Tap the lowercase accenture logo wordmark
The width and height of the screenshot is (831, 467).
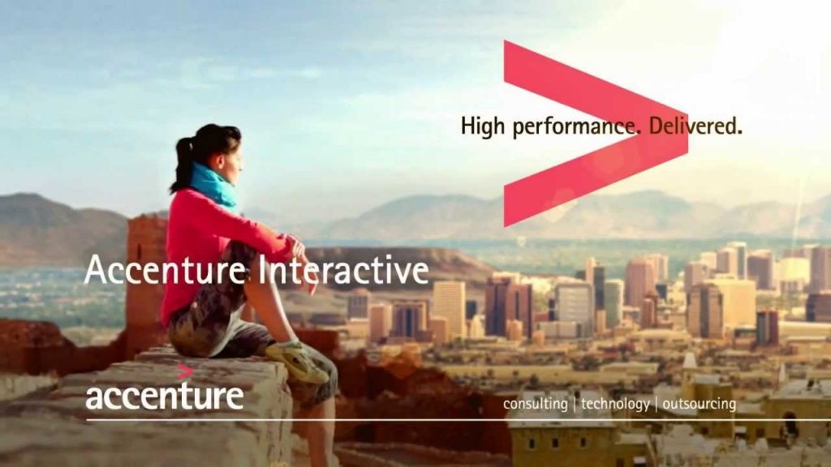(x=164, y=396)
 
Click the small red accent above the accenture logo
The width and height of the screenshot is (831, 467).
(x=184, y=371)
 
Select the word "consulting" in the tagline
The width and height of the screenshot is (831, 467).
(x=536, y=404)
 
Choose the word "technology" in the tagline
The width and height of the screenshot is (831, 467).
(x=615, y=404)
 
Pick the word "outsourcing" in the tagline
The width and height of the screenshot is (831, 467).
(x=699, y=404)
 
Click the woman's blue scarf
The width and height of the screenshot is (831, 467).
(x=213, y=186)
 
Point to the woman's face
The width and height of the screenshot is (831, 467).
(x=233, y=158)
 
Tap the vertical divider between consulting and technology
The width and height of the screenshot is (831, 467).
(x=575, y=404)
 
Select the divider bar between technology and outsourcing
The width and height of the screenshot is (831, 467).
(x=656, y=404)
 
